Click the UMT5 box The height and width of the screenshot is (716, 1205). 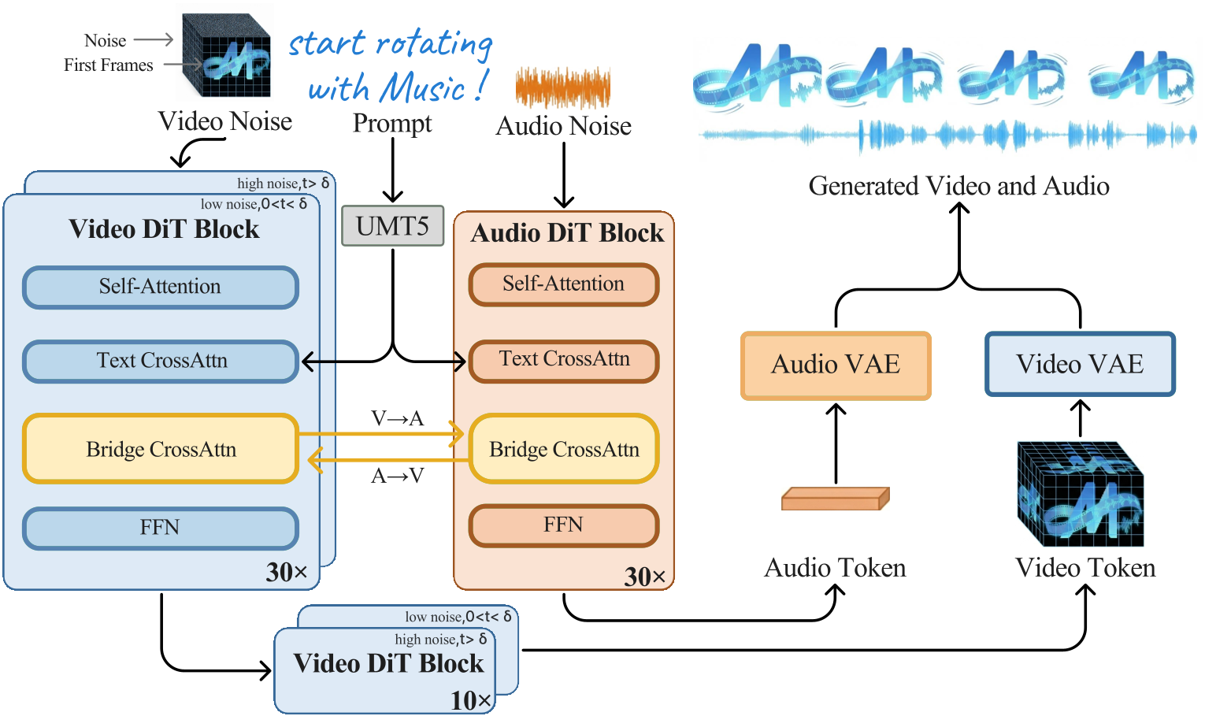point(392,226)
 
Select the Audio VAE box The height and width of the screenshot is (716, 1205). point(836,365)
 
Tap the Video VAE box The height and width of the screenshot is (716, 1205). point(1080,364)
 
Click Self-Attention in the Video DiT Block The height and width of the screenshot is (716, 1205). point(160,287)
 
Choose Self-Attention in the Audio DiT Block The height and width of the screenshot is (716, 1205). point(563,284)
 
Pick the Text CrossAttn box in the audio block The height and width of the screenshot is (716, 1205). point(564,360)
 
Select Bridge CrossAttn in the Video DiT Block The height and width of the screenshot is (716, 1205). point(161,449)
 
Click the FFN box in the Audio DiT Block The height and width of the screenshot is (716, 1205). point(563,525)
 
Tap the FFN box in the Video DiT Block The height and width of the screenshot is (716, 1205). point(160,528)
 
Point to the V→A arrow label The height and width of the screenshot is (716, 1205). point(397,418)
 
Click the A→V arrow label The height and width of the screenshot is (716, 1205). point(397,476)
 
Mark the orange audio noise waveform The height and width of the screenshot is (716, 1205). point(562,87)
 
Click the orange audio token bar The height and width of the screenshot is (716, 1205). point(835,499)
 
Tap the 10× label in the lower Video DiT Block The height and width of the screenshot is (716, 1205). point(471,699)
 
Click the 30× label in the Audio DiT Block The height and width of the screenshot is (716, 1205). point(644,577)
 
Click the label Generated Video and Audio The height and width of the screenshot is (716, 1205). point(958,187)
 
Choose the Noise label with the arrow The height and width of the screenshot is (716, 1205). point(106,41)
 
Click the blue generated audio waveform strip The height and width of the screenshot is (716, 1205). point(948,135)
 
